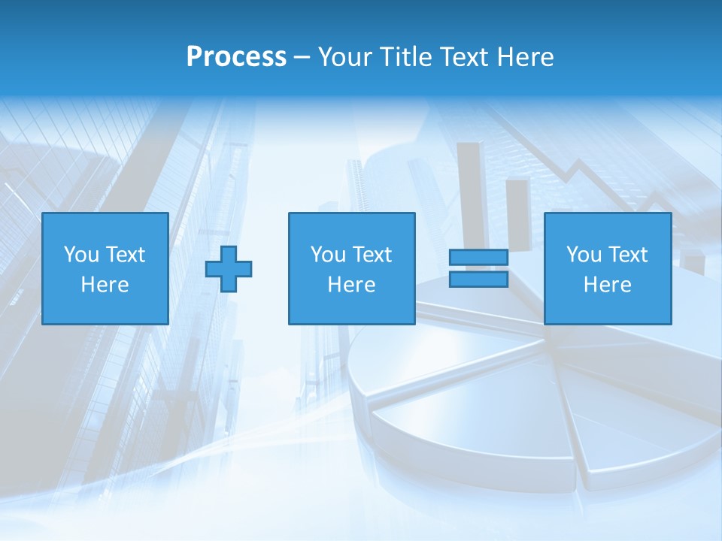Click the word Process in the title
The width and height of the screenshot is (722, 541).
pos(236,57)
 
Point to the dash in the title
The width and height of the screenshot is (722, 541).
pos(302,58)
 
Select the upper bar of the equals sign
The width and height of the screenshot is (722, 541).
pos(478,258)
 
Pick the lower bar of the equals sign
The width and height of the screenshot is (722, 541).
pos(478,279)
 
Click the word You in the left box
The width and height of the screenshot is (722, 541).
pos(80,255)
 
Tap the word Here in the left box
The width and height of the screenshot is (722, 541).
pos(105,285)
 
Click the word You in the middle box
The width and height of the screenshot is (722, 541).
pos(327,255)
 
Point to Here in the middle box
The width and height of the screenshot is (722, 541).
pos(351,285)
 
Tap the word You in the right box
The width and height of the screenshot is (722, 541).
pos(583,255)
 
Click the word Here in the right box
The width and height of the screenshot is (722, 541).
pos(607,285)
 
